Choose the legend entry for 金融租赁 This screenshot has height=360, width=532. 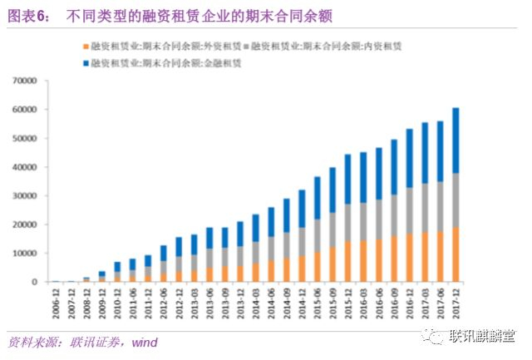(153, 62)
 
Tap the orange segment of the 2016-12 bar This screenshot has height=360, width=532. (410, 258)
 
